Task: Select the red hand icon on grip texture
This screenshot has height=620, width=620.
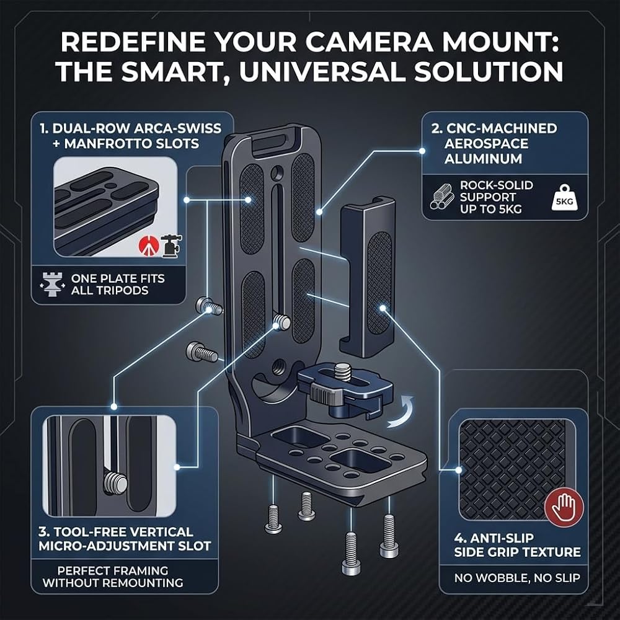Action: point(564,508)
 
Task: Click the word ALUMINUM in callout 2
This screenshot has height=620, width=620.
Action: point(483,159)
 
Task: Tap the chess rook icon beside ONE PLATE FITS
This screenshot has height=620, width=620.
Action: point(52,284)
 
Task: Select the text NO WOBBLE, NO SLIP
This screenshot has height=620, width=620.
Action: point(517,578)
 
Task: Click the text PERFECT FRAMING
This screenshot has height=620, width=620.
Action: point(113,570)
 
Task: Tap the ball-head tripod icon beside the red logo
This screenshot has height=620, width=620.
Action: point(172,246)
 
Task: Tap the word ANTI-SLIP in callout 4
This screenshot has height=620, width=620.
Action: point(500,538)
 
